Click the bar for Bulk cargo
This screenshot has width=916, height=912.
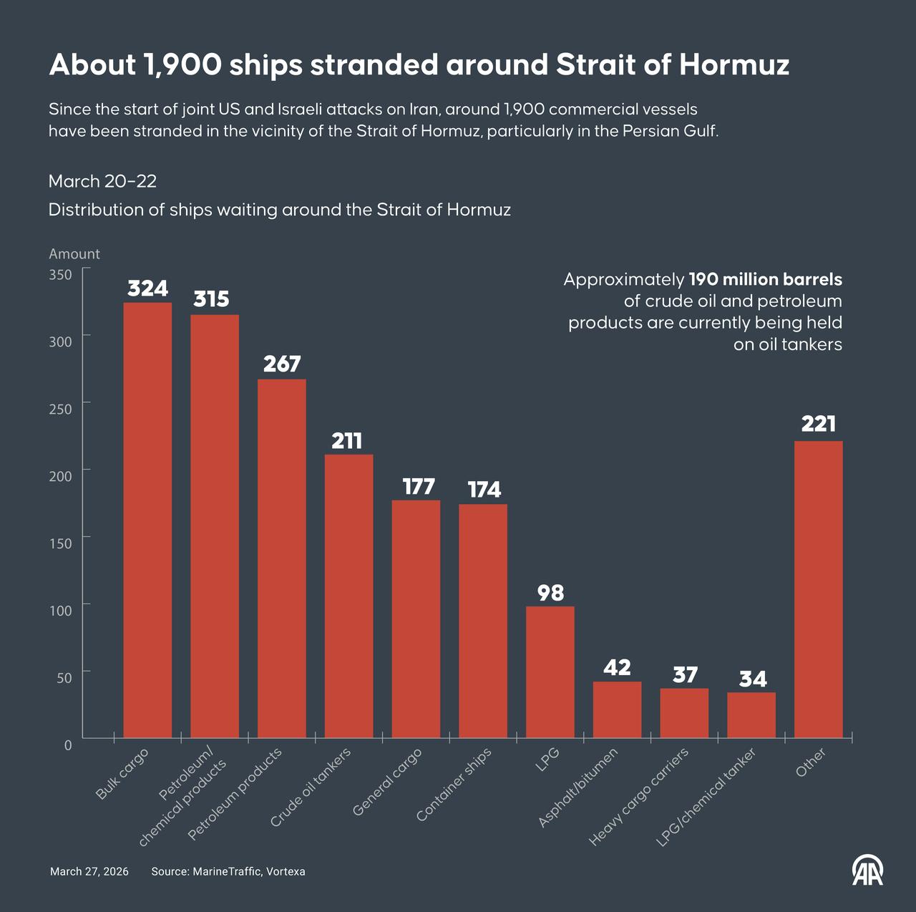147,520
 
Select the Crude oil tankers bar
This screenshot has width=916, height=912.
349,596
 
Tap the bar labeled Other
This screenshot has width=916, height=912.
819,589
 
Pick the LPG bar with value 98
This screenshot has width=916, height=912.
550,671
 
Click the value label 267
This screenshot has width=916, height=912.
282,364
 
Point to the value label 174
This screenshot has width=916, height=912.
484,490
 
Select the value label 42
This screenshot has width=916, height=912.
617,667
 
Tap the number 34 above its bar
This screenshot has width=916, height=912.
752,679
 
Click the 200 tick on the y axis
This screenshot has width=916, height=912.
61,476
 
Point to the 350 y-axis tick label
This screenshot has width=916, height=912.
61,275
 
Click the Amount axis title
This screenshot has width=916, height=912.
74,254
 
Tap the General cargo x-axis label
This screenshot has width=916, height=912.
387,781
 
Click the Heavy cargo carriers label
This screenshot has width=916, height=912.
638,797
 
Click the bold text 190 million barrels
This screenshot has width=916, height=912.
765,279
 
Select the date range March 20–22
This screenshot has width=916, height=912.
102,181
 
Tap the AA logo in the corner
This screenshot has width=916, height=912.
867,869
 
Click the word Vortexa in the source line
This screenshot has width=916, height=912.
286,871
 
